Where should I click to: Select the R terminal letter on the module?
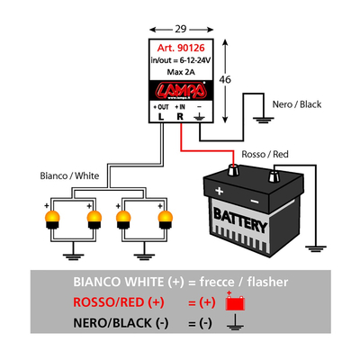[x=181, y=116]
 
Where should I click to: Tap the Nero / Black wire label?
[x=296, y=104]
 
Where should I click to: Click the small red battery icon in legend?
[x=235, y=303]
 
